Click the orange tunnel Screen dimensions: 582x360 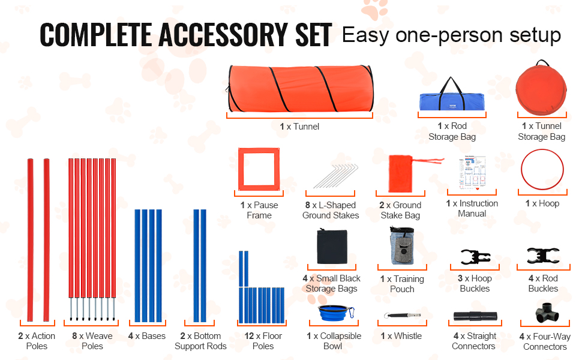300,89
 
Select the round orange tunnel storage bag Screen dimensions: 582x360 541,89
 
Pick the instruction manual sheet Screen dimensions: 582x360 472,173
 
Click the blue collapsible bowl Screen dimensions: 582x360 335,313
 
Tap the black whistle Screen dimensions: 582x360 402,316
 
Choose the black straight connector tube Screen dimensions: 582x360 475,316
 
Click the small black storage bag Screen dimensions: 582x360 332,247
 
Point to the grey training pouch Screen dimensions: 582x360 402,245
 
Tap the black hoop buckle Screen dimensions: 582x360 475,257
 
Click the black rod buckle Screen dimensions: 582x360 543,256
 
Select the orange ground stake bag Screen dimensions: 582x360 401,173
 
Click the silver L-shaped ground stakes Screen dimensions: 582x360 335,176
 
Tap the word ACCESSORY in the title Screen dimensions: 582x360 223,35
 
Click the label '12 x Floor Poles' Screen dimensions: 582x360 263,341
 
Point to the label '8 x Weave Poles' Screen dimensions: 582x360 92,341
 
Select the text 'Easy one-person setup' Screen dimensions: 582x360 451,35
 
